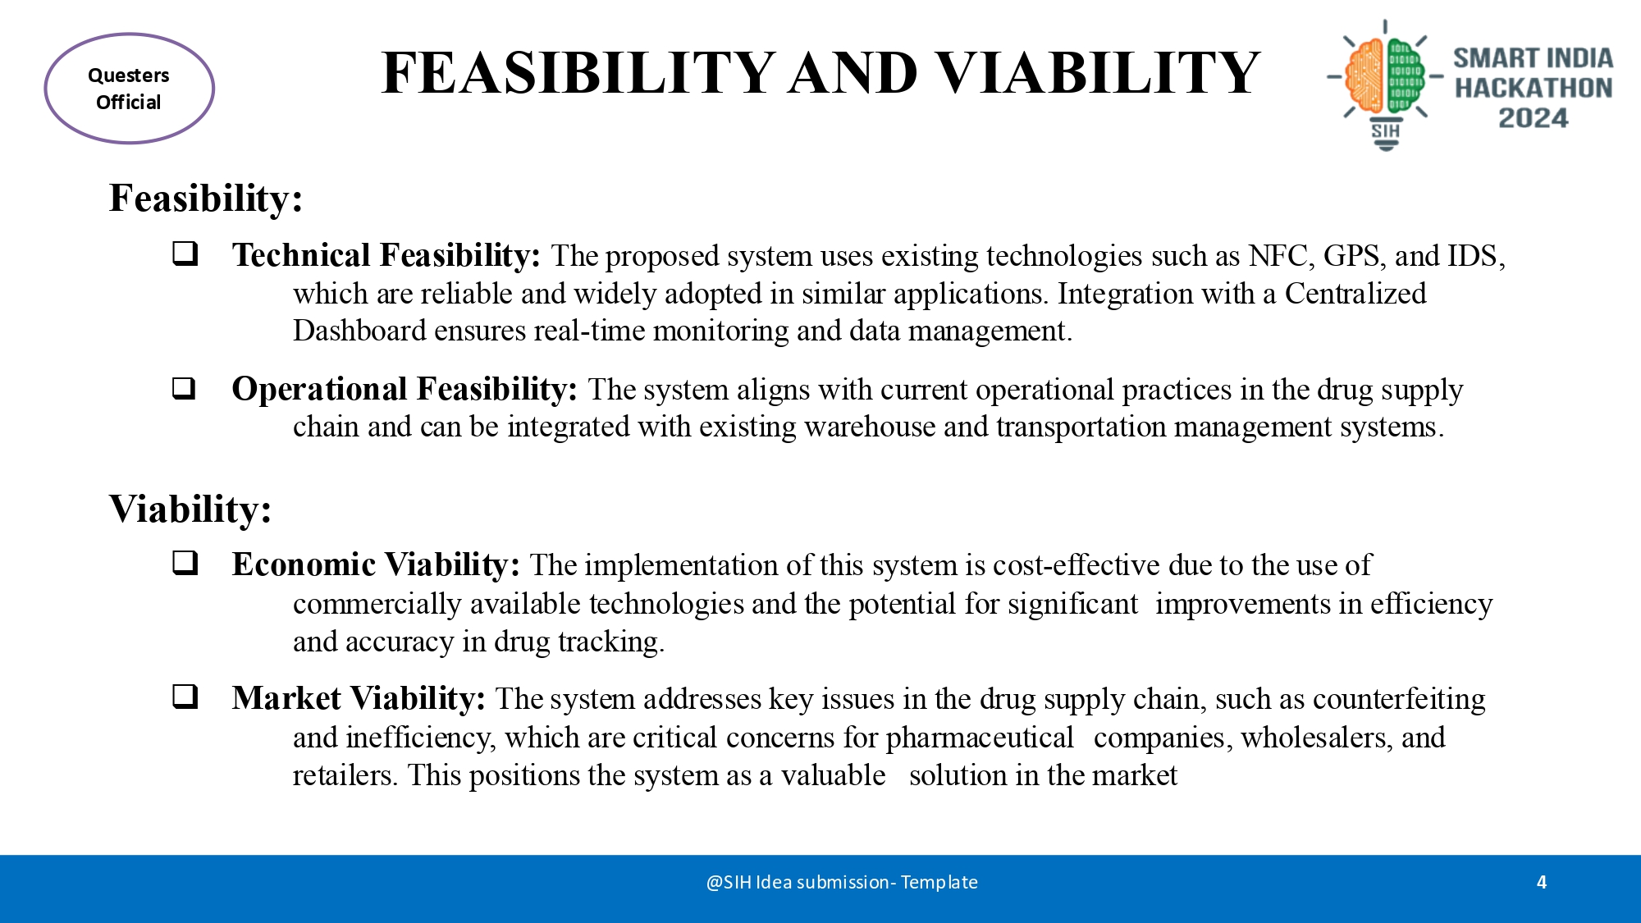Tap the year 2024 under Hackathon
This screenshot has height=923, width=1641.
[1533, 118]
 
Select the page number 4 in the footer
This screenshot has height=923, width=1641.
[1542, 882]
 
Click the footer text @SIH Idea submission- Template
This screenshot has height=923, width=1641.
[842, 882]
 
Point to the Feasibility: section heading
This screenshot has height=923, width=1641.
[206, 199]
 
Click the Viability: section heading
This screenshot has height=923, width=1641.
[190, 509]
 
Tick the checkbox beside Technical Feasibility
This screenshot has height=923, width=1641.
[185, 254]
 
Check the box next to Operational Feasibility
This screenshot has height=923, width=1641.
[185, 388]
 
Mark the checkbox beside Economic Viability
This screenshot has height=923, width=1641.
[185, 563]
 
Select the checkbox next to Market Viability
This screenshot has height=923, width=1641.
[185, 697]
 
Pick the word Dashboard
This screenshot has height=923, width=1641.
[359, 331]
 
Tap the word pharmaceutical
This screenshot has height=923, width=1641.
[980, 738]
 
